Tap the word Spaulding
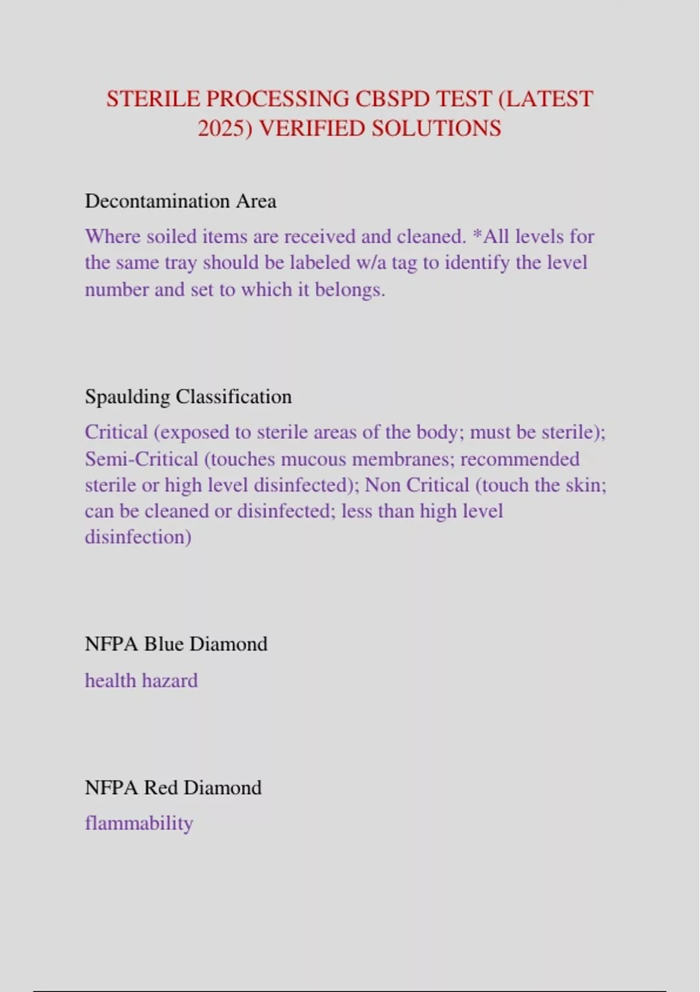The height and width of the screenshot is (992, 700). pyautogui.click(x=127, y=397)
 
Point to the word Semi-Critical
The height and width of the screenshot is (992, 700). pyautogui.click(x=142, y=459)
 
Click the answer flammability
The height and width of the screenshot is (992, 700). pyautogui.click(x=139, y=823)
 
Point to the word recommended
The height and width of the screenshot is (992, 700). pyautogui.click(x=520, y=459)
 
